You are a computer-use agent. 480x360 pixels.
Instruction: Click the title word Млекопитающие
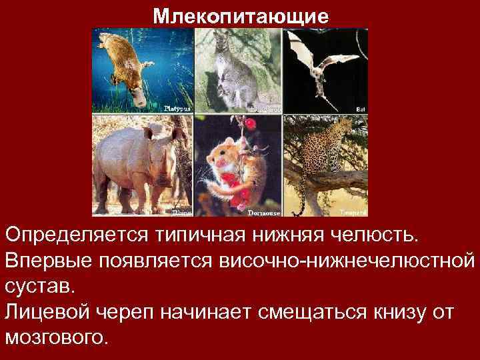click(x=240, y=15)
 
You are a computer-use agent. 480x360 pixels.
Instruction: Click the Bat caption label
click(x=361, y=107)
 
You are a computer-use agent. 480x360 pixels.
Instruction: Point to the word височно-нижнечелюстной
click(x=347, y=260)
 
